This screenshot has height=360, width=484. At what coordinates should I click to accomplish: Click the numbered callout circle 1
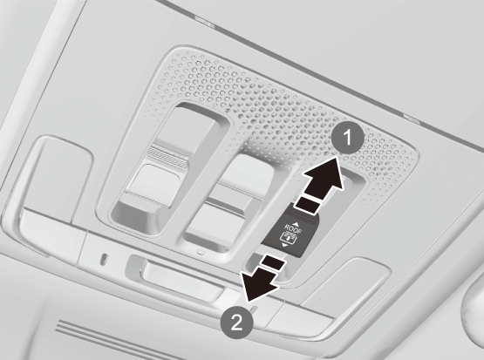[348, 137]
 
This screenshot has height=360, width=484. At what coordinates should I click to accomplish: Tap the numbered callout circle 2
[236, 323]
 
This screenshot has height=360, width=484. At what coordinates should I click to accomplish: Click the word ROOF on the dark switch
[293, 230]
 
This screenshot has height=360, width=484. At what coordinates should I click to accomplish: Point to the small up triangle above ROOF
[296, 224]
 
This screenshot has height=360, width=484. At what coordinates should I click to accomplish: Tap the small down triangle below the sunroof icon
[284, 245]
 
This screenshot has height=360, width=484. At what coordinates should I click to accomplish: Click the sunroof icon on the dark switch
[288, 238]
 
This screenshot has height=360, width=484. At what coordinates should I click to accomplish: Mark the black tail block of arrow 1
[308, 205]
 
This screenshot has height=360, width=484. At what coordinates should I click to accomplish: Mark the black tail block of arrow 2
[273, 263]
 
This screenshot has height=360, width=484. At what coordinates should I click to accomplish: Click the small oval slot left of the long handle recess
[104, 259]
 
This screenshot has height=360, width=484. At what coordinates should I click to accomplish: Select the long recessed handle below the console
[182, 279]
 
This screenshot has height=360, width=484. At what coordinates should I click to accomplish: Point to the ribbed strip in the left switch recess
[167, 158]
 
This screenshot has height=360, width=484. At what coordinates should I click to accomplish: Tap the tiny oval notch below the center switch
[201, 252]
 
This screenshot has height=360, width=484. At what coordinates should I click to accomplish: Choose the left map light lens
[58, 182]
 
